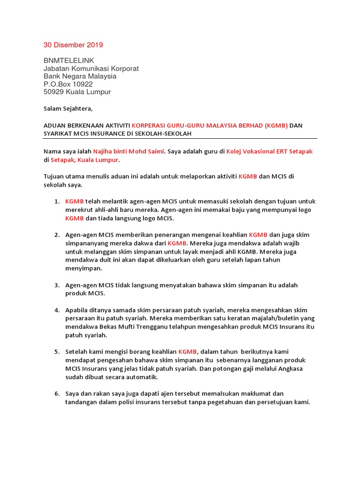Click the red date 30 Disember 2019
pos(73,45)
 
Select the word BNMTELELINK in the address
pos(69,60)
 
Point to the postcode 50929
pos(53,92)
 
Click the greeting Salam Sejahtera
pos(68,109)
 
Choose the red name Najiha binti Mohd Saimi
pos(128,151)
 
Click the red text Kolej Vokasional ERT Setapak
pos(269,151)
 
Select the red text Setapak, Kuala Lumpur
pos(84,160)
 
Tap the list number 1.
pos(56,202)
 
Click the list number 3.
pos(56,285)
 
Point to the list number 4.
pos(56,310)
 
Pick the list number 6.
pos(56,394)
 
